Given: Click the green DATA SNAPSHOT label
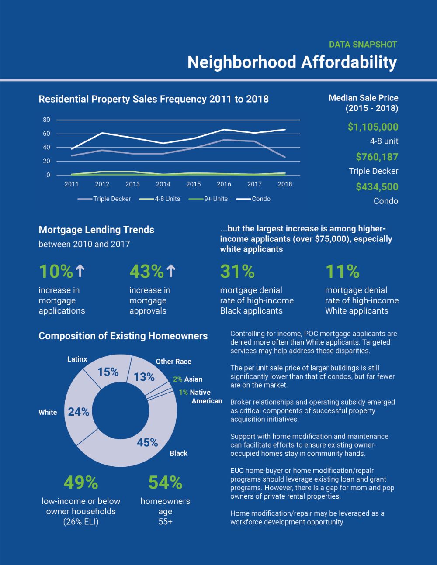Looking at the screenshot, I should coord(363,45).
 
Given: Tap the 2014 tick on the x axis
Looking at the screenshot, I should coord(163,184).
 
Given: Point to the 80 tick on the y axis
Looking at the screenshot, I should coord(46,120).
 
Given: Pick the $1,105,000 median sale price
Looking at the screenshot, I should coord(373,127).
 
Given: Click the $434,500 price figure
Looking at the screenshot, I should coord(377,187).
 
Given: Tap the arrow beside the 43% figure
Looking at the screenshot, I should coord(171,271).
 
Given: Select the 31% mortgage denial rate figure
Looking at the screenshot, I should coord(237,271).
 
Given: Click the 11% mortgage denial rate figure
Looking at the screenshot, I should coord(342,271).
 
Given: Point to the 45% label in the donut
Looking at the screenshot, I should coord(147,442).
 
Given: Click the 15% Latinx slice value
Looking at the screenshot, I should coord(108,372).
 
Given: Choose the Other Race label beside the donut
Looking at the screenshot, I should coord(173,362).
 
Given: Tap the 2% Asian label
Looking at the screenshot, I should coord(188,379).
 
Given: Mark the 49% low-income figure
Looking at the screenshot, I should coord(81,482).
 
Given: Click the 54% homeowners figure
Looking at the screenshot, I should coord(165,482).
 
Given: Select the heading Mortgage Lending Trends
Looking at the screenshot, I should coord(96,230).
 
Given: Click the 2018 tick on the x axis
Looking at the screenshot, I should coord(285,184).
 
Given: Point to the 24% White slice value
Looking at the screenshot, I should coord(79,412).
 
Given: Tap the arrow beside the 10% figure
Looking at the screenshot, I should coord(80,271).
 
